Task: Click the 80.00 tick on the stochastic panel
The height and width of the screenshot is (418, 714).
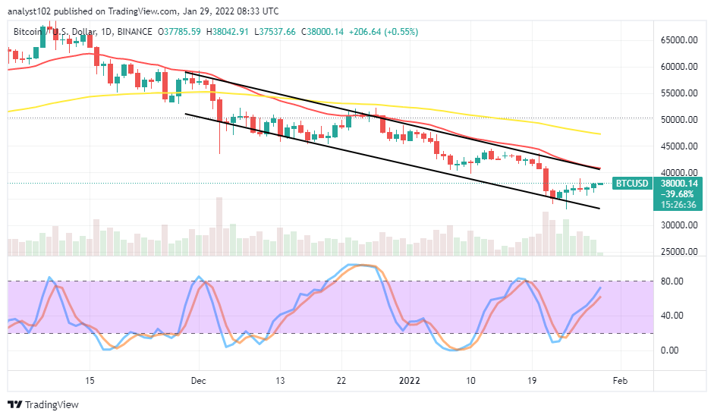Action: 671,281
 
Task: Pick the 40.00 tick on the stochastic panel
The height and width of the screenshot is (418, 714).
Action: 671,316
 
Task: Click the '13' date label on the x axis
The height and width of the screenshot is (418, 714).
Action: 280,381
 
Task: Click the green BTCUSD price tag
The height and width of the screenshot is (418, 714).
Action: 631,183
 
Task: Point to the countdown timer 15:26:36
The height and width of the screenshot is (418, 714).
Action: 678,204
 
